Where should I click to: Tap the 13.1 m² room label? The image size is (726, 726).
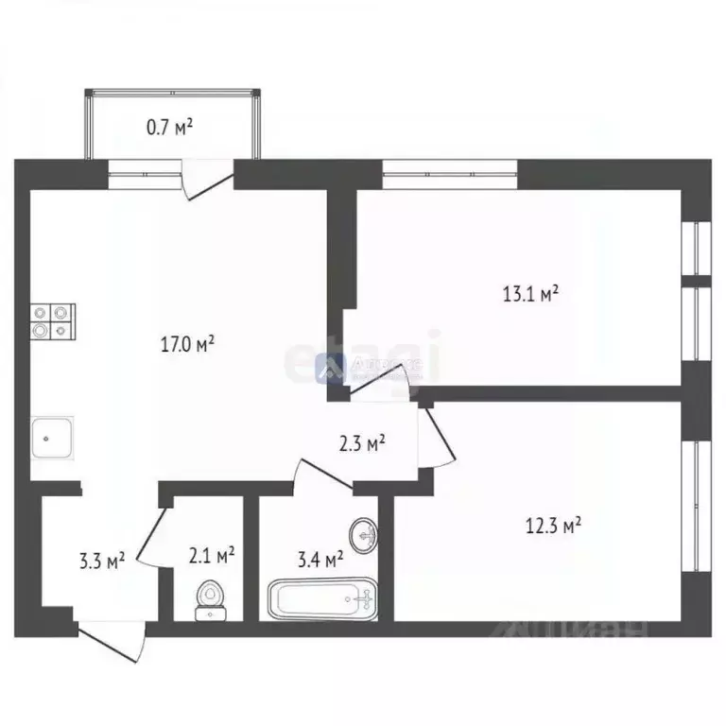point(530,294)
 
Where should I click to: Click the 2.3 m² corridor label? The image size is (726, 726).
point(362,442)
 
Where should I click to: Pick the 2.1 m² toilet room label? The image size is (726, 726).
point(213,554)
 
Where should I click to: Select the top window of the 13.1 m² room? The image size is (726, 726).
point(450,170)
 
